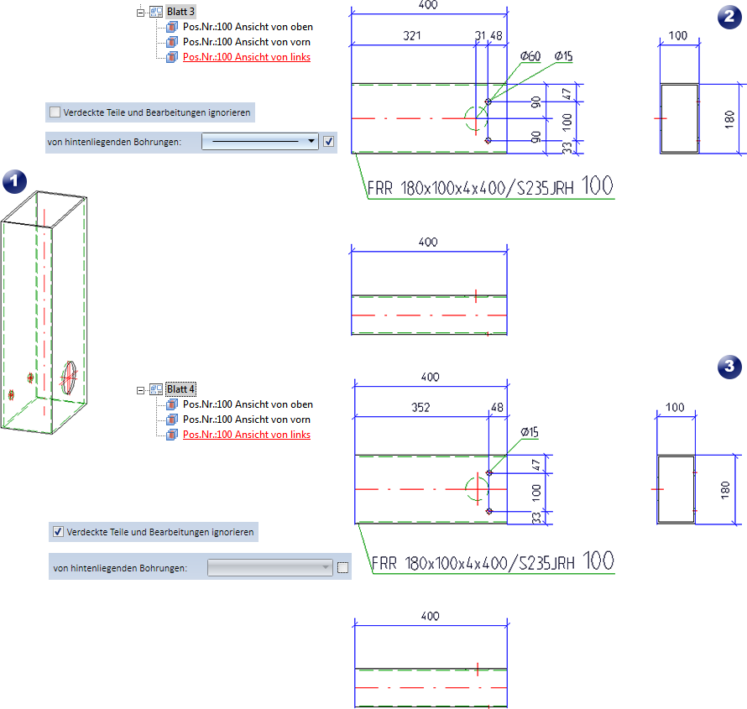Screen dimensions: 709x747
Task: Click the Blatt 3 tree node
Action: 180,12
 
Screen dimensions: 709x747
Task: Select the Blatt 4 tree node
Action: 180,389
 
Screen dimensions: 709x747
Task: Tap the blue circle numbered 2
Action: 728,18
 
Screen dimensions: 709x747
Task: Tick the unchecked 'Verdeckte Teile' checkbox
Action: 55,112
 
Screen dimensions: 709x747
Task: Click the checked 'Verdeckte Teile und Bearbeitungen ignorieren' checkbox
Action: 57,531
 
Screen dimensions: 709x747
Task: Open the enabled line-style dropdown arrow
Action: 311,142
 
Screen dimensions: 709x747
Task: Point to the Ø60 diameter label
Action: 530,56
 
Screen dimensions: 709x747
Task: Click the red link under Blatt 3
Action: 246,57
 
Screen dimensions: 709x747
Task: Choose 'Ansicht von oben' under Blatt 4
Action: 247,404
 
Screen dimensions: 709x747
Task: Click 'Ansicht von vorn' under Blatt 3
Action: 246,42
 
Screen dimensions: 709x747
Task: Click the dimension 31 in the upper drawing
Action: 480,35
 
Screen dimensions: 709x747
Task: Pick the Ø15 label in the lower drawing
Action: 529,431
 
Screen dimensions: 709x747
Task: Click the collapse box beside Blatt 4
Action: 140,389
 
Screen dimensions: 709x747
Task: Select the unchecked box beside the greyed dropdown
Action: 342,568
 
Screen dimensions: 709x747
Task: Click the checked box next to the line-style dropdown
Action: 329,142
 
